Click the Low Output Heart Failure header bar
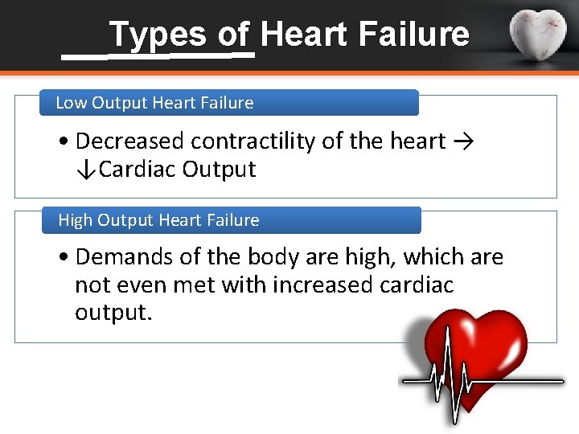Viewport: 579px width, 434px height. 230,103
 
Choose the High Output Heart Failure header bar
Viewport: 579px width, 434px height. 232,220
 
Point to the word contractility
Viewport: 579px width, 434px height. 253,141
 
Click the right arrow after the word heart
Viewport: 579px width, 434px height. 462,141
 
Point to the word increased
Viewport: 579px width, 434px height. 340,285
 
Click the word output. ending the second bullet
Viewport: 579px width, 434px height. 113,313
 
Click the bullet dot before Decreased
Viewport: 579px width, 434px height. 64,142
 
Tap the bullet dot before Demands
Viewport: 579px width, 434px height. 64,258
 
